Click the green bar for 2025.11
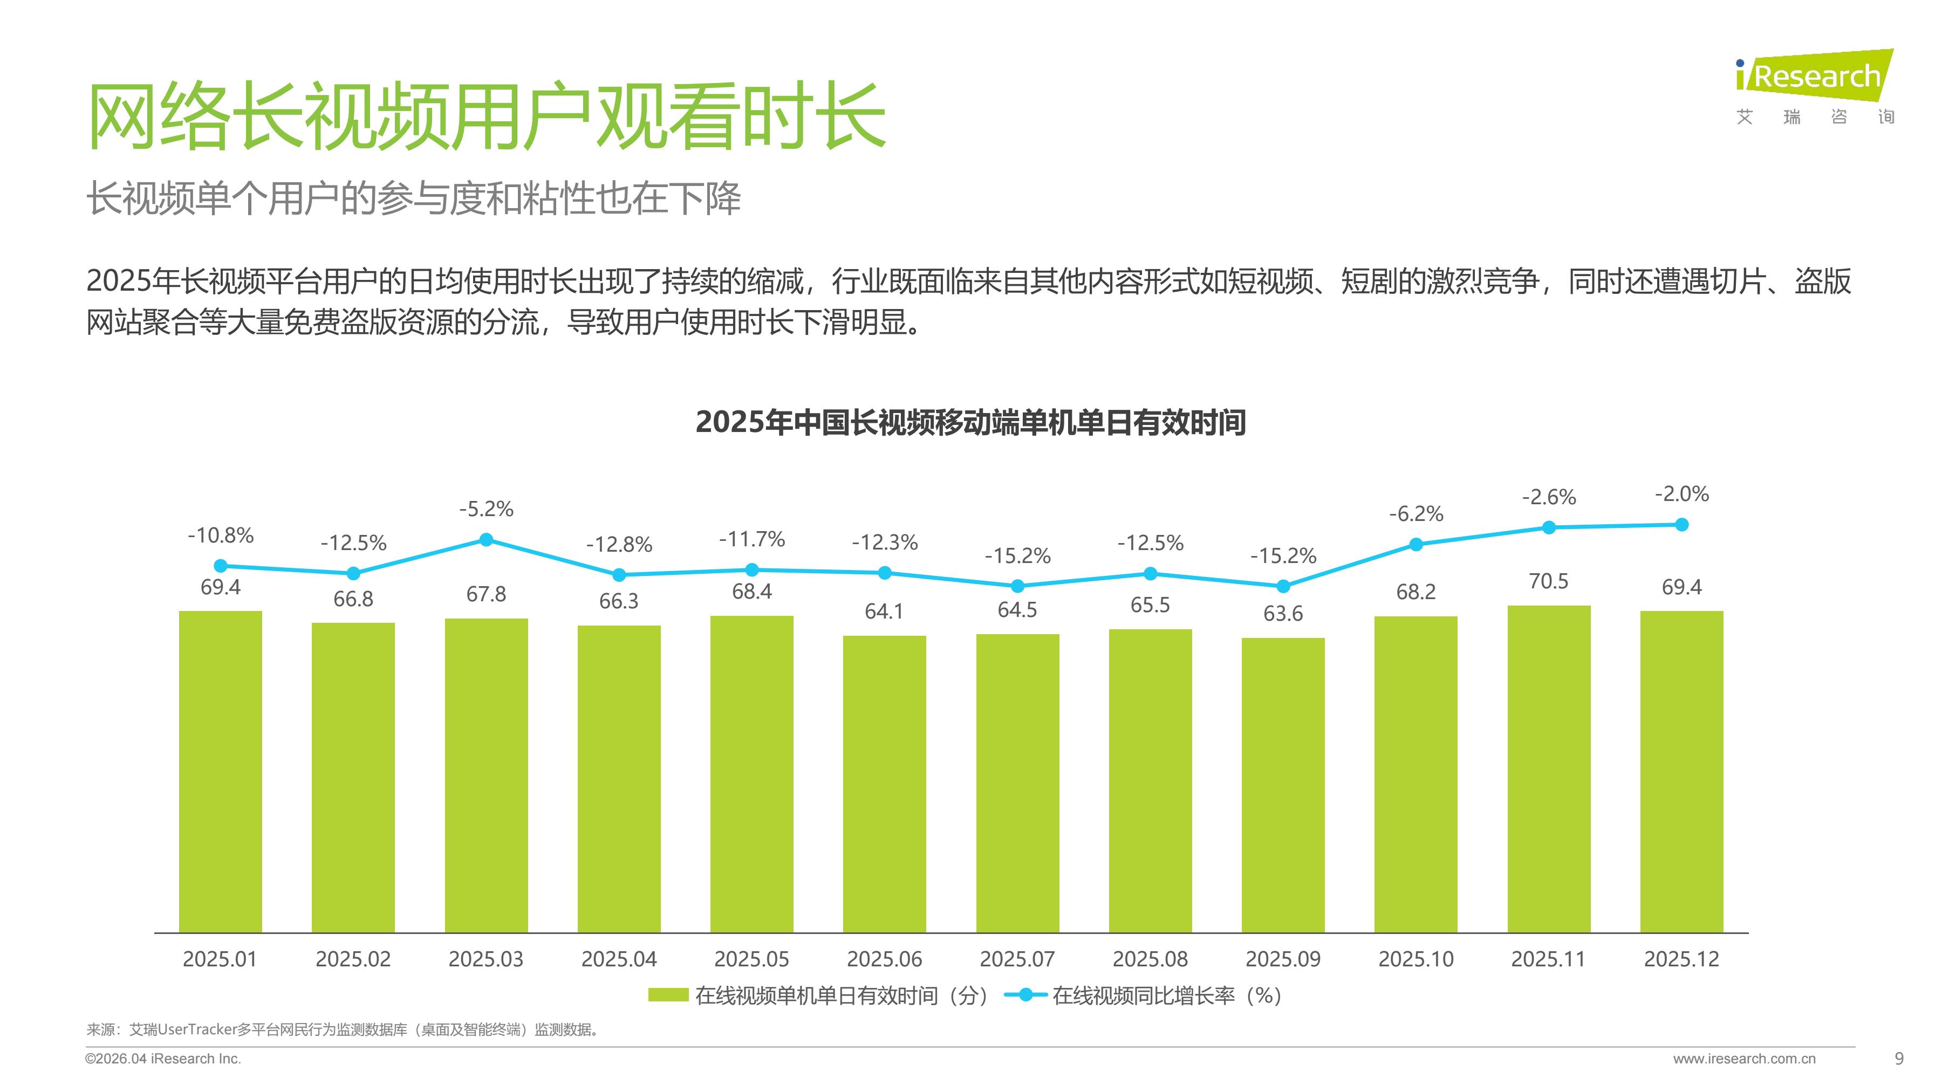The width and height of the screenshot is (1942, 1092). coord(1548,768)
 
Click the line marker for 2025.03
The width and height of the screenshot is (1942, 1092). coord(486,540)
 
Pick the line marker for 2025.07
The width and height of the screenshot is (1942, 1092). coord(1017,586)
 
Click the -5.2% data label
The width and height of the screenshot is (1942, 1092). coord(486,510)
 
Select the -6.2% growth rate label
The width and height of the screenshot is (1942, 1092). coord(1416,514)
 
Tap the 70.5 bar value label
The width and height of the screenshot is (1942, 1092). coord(1548,581)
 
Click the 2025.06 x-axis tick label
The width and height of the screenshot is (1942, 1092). coord(884,959)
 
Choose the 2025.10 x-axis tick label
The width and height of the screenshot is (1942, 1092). coord(1416,959)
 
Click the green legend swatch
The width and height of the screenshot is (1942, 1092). coord(668,995)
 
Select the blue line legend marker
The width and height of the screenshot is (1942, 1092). coord(1025,995)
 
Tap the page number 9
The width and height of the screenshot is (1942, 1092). coord(1899,1059)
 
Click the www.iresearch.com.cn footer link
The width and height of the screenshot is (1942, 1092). coord(1743,1059)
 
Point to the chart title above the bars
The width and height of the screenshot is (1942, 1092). coord(970,422)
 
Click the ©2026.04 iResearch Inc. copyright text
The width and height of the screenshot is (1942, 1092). coord(163,1059)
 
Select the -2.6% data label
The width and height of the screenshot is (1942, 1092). coord(1548,497)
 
